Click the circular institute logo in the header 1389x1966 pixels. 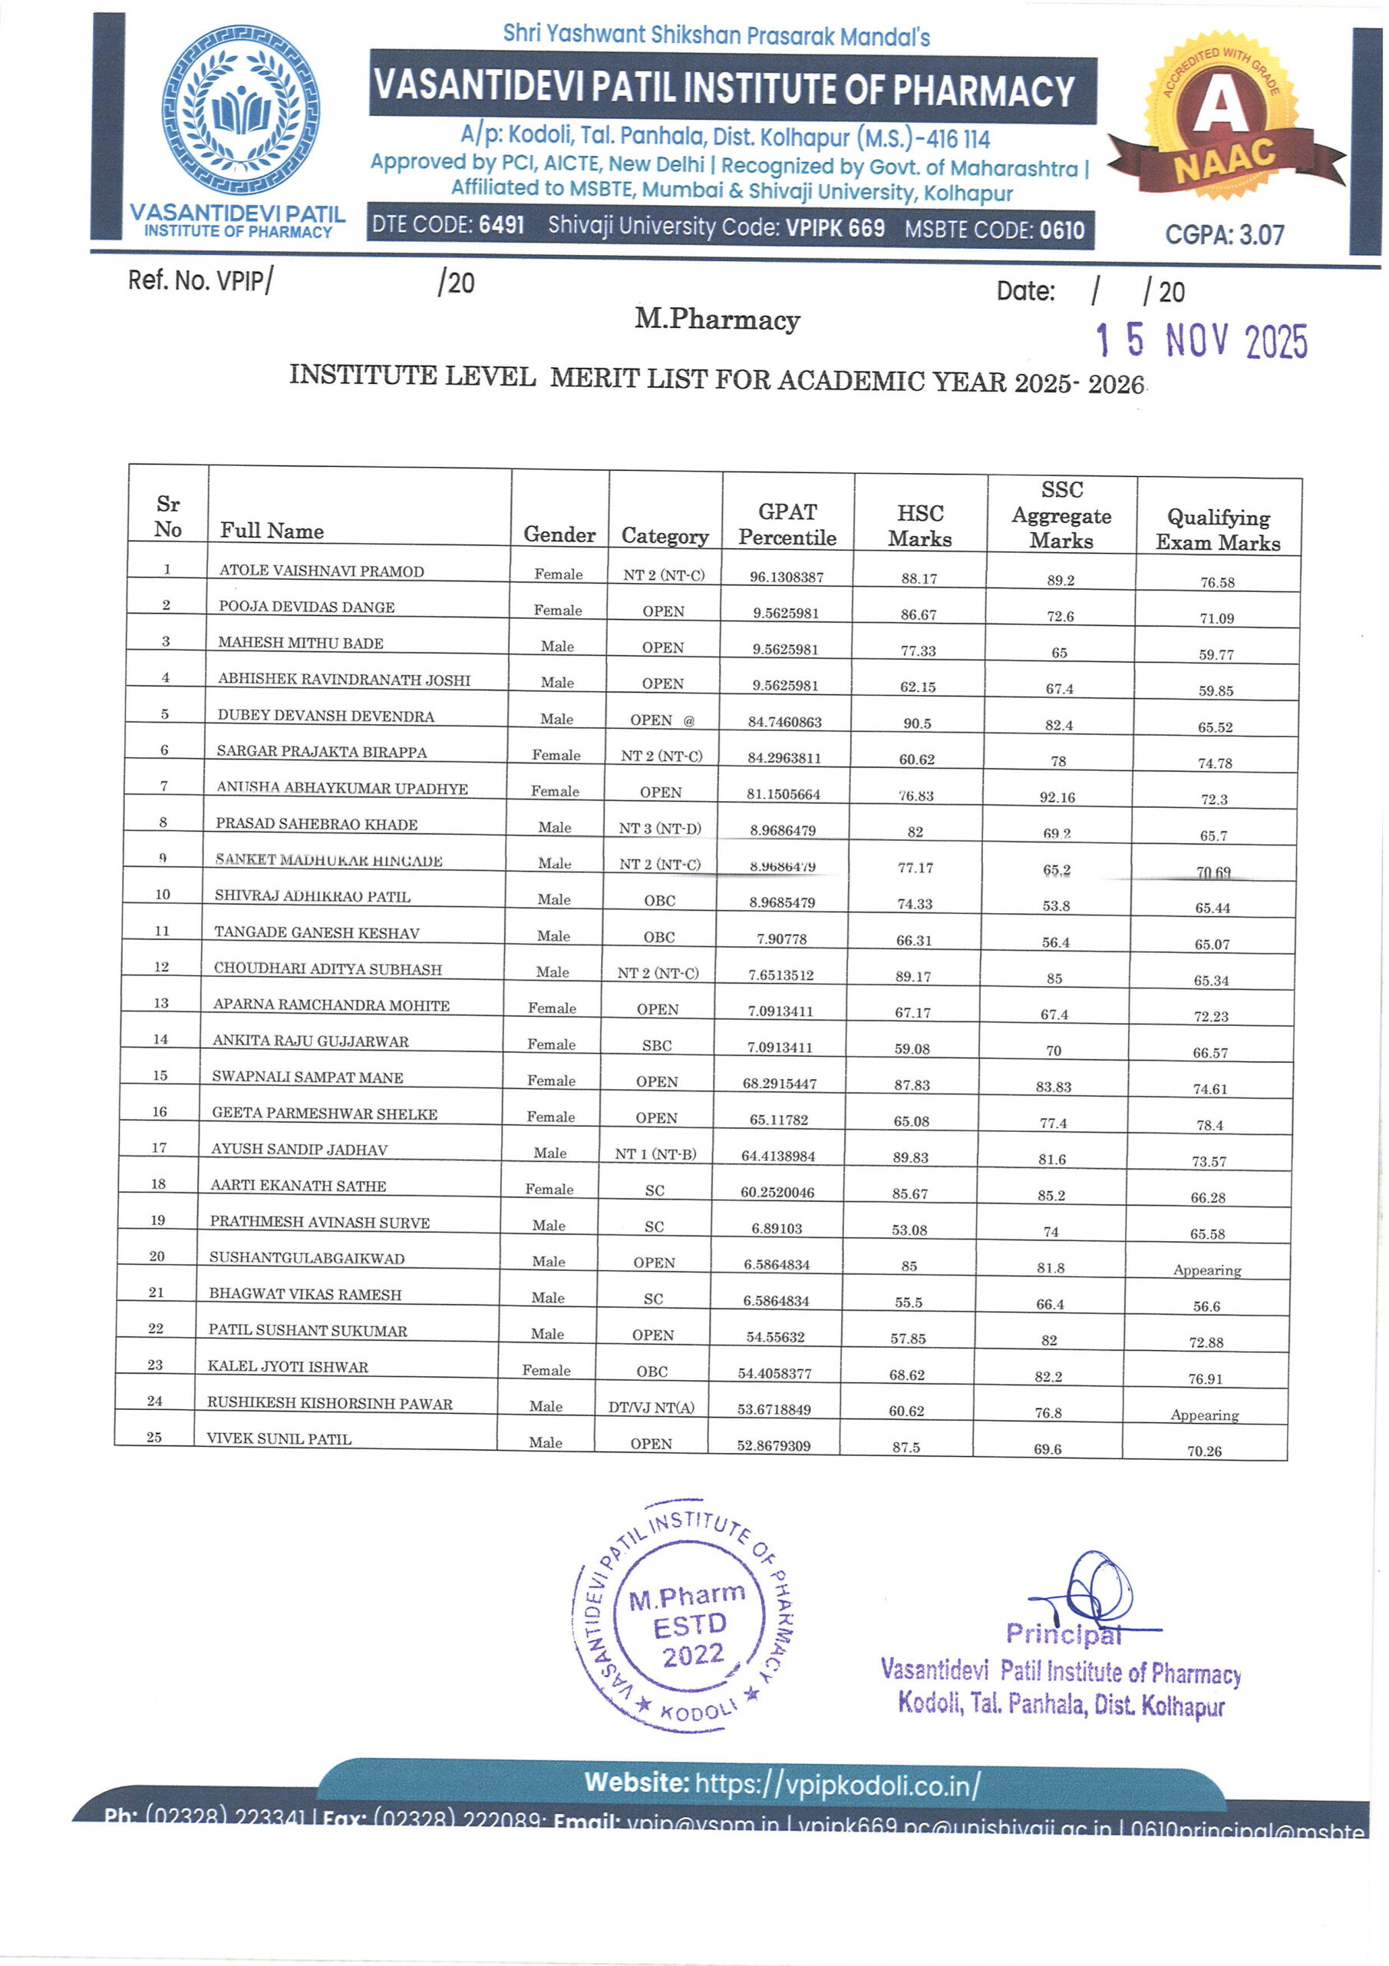240,110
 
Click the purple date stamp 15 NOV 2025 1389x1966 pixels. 1202,341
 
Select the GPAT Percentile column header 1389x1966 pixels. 787,524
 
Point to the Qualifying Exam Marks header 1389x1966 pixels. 1218,529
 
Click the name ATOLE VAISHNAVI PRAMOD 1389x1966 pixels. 321,571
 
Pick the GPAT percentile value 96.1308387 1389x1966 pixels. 787,577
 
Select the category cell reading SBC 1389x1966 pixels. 656,1045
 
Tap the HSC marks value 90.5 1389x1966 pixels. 918,723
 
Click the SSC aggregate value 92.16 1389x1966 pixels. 1057,797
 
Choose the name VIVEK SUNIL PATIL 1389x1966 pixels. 279,1438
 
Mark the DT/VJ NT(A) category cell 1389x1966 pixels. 652,1408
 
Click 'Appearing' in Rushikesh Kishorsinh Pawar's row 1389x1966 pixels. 1204,1415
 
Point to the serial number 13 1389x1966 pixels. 161,1003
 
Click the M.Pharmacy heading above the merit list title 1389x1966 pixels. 718,319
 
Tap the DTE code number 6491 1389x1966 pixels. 502,225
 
